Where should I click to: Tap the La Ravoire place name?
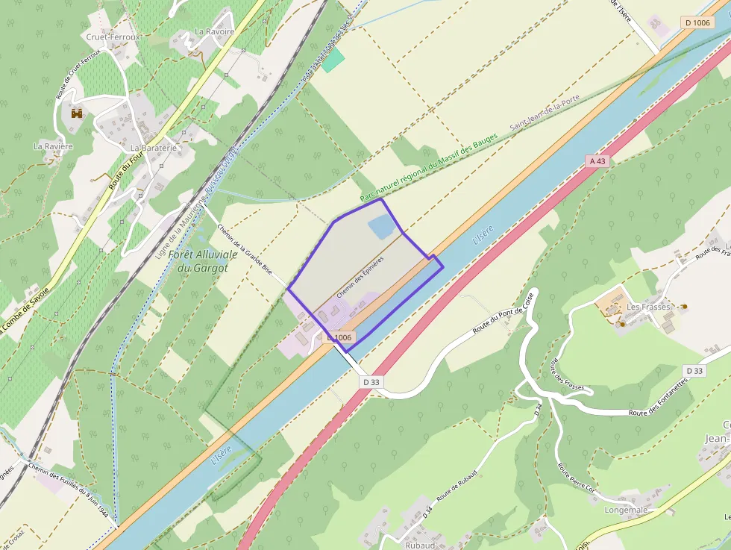tap(215, 32)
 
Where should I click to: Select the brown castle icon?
tap(75, 114)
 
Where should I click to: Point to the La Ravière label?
tap(53, 146)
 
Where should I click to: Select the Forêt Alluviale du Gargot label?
tap(202, 260)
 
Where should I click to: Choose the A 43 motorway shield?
tap(597, 160)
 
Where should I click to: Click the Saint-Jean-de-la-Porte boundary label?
tap(544, 113)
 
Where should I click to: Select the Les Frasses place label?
tap(649, 307)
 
